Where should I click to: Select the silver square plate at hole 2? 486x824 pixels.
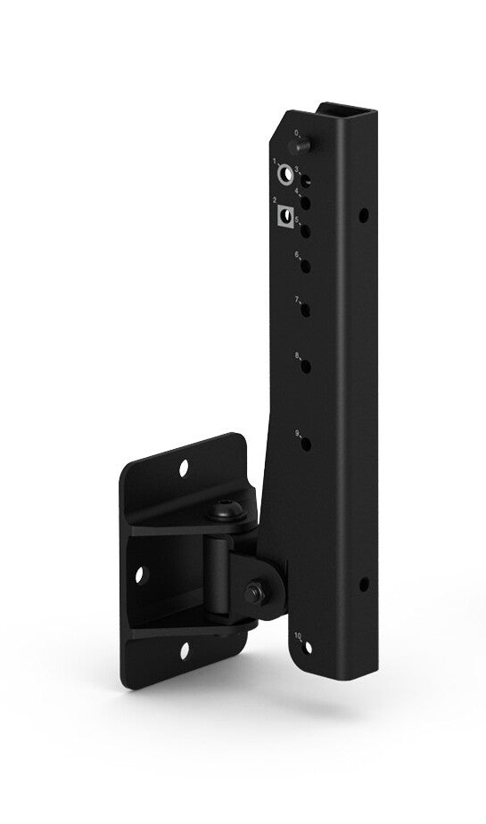(x=285, y=216)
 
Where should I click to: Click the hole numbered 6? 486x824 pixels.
(x=304, y=265)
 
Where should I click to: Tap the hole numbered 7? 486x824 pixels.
(x=304, y=309)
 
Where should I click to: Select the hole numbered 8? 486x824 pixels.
(x=304, y=365)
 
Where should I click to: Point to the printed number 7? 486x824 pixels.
(x=296, y=299)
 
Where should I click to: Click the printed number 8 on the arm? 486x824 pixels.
(x=296, y=355)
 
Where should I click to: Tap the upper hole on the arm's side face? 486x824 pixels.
(x=362, y=215)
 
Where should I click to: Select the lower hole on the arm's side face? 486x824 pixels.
(x=364, y=584)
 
